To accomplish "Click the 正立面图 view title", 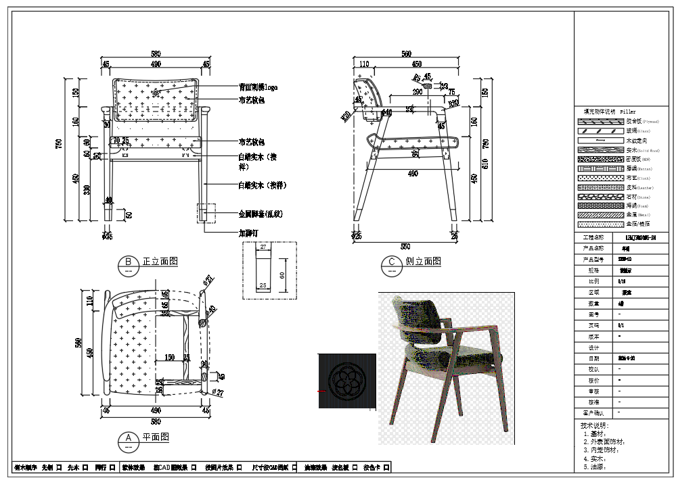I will click(160, 261).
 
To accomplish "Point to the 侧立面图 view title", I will click(423, 261).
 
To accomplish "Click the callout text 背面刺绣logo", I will click(258, 87).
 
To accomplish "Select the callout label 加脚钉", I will click(248, 233).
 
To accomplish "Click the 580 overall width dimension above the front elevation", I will click(156, 54).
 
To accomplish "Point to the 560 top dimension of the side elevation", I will click(406, 54).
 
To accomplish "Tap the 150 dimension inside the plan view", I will click(169, 357).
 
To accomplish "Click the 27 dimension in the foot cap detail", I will click(264, 248).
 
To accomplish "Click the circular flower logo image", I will click(346, 381).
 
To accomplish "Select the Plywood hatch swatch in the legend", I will click(600, 121).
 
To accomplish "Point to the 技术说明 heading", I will click(594, 426).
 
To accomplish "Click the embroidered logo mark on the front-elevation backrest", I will click(156, 92).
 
